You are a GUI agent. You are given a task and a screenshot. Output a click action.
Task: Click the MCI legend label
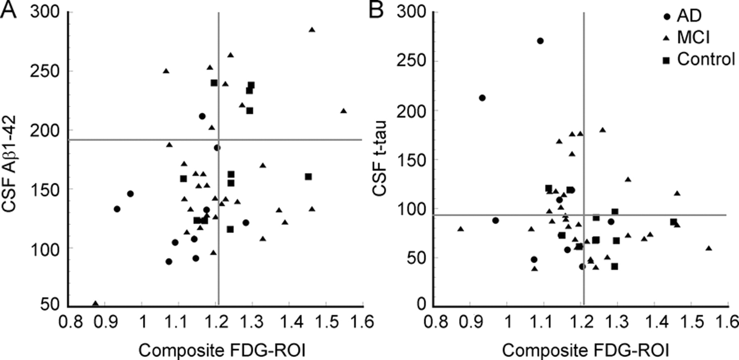coord(693,38)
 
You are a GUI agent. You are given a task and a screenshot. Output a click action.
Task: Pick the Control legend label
coord(706,60)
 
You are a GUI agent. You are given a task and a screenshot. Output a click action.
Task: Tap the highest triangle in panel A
coord(312,30)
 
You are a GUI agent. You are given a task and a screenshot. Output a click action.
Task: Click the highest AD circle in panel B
coord(540,41)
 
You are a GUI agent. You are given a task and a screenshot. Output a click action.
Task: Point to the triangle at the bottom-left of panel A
coord(95,304)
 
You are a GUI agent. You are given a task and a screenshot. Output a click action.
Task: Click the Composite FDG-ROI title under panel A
coord(222,351)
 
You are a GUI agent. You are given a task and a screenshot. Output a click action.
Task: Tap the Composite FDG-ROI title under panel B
coord(585,351)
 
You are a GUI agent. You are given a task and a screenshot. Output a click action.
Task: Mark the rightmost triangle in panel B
coord(709,248)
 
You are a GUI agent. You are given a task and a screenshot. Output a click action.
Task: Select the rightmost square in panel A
coord(308,177)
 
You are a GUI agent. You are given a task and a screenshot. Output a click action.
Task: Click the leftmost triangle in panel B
coord(461,229)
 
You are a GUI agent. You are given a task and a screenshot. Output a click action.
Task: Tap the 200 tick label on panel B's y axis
coord(411,110)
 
